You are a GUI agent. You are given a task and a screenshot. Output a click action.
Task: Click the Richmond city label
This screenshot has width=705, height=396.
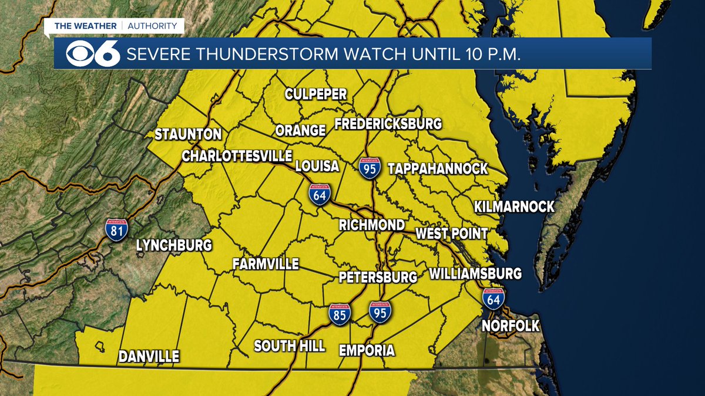tap(372, 225)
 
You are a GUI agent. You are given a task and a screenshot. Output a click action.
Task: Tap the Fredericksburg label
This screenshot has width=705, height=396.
tap(388, 124)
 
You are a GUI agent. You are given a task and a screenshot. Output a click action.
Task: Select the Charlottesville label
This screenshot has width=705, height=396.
tap(237, 156)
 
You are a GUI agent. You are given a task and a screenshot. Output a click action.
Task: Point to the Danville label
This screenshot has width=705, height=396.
tap(149, 356)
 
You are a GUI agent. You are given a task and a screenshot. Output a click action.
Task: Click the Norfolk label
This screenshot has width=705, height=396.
tap(510, 326)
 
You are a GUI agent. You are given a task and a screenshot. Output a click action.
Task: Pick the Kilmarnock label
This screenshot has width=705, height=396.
tap(514, 207)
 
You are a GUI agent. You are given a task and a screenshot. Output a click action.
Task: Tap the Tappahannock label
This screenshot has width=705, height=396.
tap(438, 169)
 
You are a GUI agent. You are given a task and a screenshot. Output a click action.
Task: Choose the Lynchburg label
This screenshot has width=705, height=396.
tap(174, 245)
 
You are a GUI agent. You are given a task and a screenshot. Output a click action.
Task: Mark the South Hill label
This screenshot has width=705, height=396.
tap(290, 346)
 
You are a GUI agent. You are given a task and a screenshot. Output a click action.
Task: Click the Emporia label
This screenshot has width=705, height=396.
tap(367, 351)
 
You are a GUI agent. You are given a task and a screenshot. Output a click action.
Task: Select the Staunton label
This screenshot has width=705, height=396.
tap(188, 134)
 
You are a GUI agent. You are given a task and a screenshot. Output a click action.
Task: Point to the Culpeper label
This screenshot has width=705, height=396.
tap(315, 94)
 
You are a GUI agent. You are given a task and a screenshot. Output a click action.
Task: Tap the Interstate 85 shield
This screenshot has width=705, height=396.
tap(340, 314)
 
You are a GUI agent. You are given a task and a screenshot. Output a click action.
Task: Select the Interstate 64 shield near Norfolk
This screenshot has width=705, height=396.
tap(493, 297)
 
